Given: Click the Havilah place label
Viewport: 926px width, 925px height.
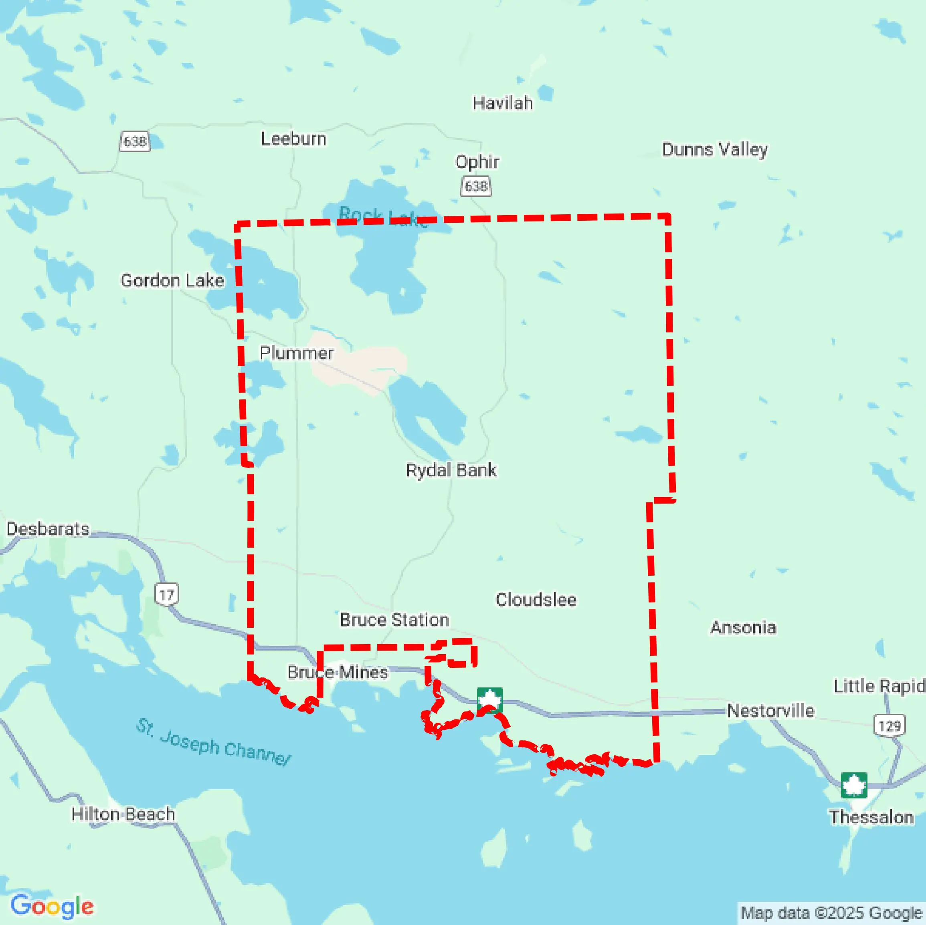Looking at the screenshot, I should [502, 103].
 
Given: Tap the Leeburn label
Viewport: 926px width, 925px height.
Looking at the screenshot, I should [293, 139].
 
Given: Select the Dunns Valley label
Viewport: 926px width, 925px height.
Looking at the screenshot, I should [715, 149].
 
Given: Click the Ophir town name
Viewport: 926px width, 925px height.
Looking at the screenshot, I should [477, 162].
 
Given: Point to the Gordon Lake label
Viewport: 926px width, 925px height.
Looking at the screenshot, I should [172, 280].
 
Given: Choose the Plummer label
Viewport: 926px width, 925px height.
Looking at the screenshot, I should [296, 353].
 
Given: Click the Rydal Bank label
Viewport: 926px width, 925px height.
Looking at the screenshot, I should [451, 470].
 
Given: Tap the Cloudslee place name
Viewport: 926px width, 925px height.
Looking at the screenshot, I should [536, 599].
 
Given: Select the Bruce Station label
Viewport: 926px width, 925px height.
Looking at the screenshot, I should [394, 619].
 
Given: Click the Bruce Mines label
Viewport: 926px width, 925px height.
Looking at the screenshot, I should [338, 672].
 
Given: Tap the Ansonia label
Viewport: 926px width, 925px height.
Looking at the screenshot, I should [743, 627].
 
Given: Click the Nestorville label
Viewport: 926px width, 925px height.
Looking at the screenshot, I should [770, 710].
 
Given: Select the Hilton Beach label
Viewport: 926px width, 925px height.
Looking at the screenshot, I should [123, 814].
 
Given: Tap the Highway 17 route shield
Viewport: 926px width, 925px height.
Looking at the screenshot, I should [166, 594].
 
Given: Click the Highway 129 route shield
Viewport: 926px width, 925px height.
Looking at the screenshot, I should [890, 726].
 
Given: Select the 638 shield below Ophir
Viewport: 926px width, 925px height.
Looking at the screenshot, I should [476, 186].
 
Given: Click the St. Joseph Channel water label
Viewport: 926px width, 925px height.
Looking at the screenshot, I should [213, 742].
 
